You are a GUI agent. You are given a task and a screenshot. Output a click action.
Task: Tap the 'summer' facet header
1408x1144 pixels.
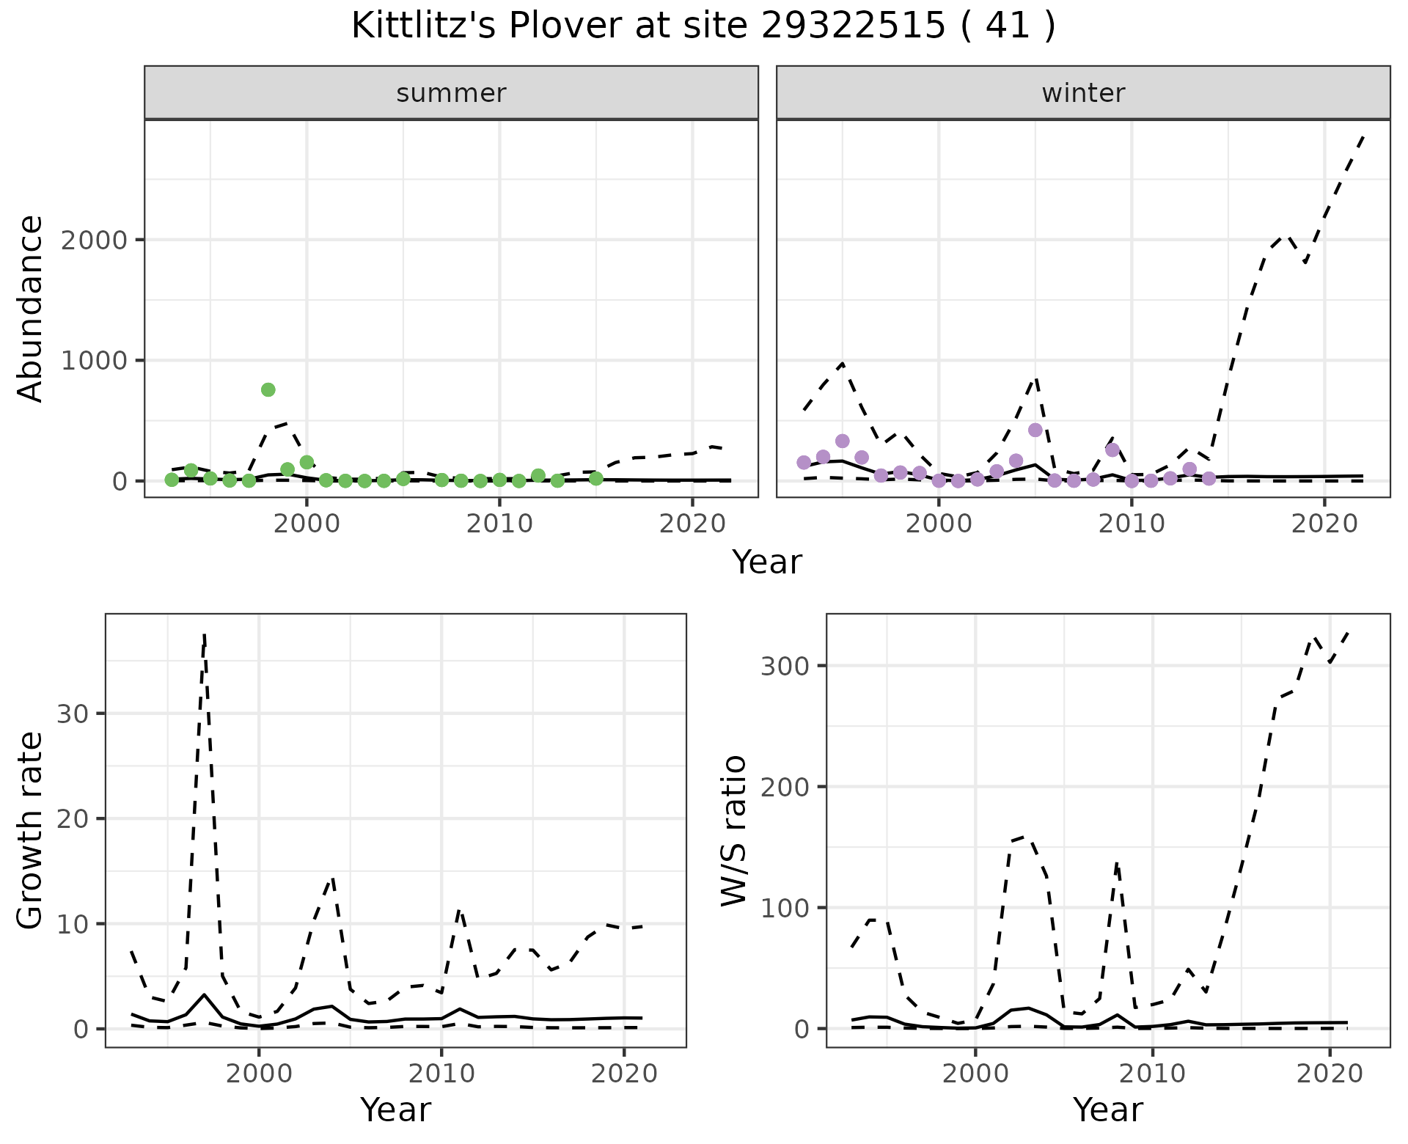(x=451, y=93)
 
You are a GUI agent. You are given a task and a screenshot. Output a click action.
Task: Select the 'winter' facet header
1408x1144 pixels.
(x=1083, y=93)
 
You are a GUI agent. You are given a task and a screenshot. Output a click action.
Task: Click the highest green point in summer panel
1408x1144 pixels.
(x=268, y=389)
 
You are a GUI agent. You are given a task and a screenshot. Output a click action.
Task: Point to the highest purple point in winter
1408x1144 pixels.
(x=1035, y=430)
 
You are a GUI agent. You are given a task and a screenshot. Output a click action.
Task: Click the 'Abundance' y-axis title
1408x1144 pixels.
(x=31, y=308)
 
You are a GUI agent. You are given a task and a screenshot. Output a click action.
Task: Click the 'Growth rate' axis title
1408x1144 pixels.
(x=31, y=830)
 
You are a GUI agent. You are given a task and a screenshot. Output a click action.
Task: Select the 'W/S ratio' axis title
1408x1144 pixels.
(x=733, y=830)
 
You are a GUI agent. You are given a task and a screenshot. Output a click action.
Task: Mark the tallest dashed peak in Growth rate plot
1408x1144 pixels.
(x=205, y=635)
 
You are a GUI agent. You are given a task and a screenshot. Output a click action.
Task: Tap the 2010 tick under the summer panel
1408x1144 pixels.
(x=499, y=524)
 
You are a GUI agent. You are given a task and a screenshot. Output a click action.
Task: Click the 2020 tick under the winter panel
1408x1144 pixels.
(x=1324, y=524)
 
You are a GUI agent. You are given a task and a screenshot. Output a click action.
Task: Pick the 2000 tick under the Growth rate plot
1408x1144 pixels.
(x=258, y=1074)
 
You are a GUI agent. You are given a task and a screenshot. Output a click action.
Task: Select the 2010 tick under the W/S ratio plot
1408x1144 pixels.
(x=1153, y=1074)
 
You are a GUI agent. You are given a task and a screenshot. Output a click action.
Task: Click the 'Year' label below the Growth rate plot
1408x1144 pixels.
(x=395, y=1110)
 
